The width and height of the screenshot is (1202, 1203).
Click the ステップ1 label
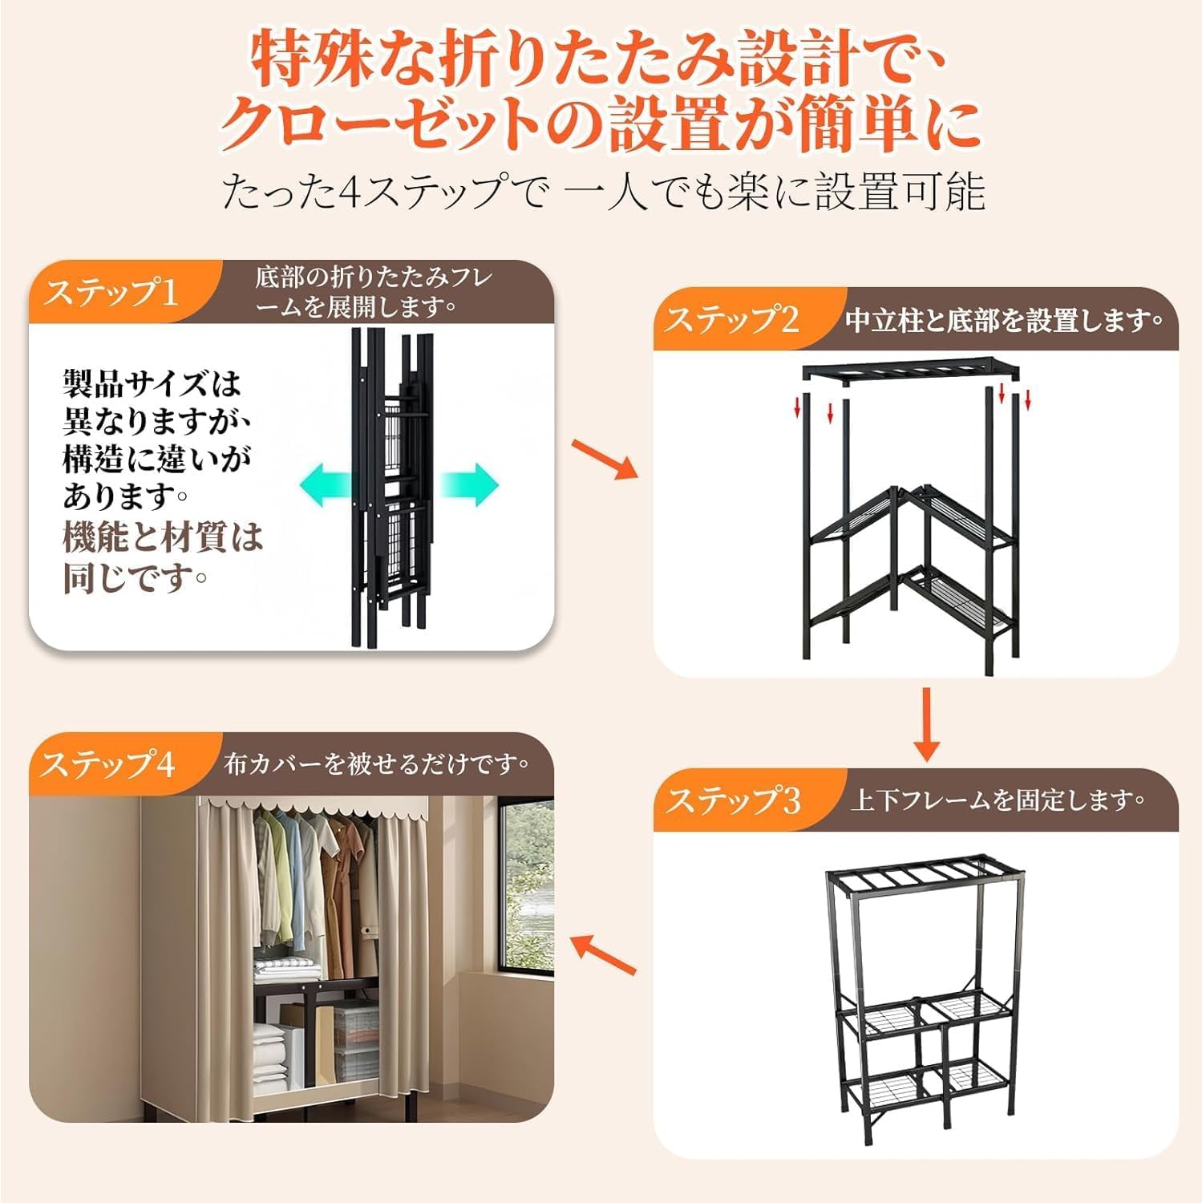pyautogui.click(x=111, y=292)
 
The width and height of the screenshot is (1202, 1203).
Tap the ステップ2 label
pyautogui.click(x=732, y=320)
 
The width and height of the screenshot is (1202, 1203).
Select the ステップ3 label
pyautogui.click(x=734, y=800)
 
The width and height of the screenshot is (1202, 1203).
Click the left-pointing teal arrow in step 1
pyautogui.click(x=325, y=485)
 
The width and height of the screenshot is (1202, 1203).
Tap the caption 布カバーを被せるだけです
pyautogui.click(x=376, y=764)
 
